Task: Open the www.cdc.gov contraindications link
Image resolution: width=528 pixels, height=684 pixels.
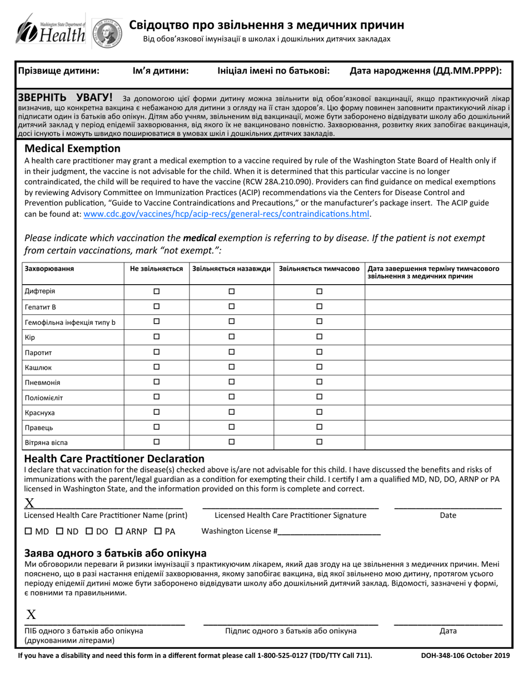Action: click(x=226, y=214)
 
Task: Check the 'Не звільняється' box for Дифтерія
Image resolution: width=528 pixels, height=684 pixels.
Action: click(x=156, y=291)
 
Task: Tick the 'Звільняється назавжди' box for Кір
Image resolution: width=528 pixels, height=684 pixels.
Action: click(x=232, y=337)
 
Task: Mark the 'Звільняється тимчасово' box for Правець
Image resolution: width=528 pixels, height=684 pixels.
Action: click(x=319, y=427)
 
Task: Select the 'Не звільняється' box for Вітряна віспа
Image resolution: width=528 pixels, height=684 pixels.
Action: click(x=156, y=442)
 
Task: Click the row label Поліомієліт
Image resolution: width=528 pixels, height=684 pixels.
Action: click(x=44, y=398)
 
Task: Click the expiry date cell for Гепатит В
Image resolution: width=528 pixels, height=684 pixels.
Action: click(x=437, y=306)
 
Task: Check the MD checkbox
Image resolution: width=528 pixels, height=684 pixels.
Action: click(x=29, y=531)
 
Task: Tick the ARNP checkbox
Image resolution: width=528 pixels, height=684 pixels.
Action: click(x=118, y=531)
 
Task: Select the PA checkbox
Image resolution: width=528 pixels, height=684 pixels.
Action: click(x=158, y=531)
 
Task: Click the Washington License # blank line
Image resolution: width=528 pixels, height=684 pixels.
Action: click(x=329, y=531)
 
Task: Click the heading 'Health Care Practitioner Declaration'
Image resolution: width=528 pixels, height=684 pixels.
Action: click(x=114, y=459)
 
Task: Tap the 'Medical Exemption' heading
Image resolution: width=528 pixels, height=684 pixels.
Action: click(x=72, y=148)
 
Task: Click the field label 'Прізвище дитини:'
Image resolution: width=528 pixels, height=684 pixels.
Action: click(x=59, y=71)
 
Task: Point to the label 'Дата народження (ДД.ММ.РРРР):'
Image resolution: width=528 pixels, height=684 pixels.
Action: click(x=426, y=71)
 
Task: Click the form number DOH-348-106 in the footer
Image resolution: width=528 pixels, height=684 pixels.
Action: click(x=449, y=656)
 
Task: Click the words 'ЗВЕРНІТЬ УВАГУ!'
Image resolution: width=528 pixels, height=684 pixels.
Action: click(x=65, y=97)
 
